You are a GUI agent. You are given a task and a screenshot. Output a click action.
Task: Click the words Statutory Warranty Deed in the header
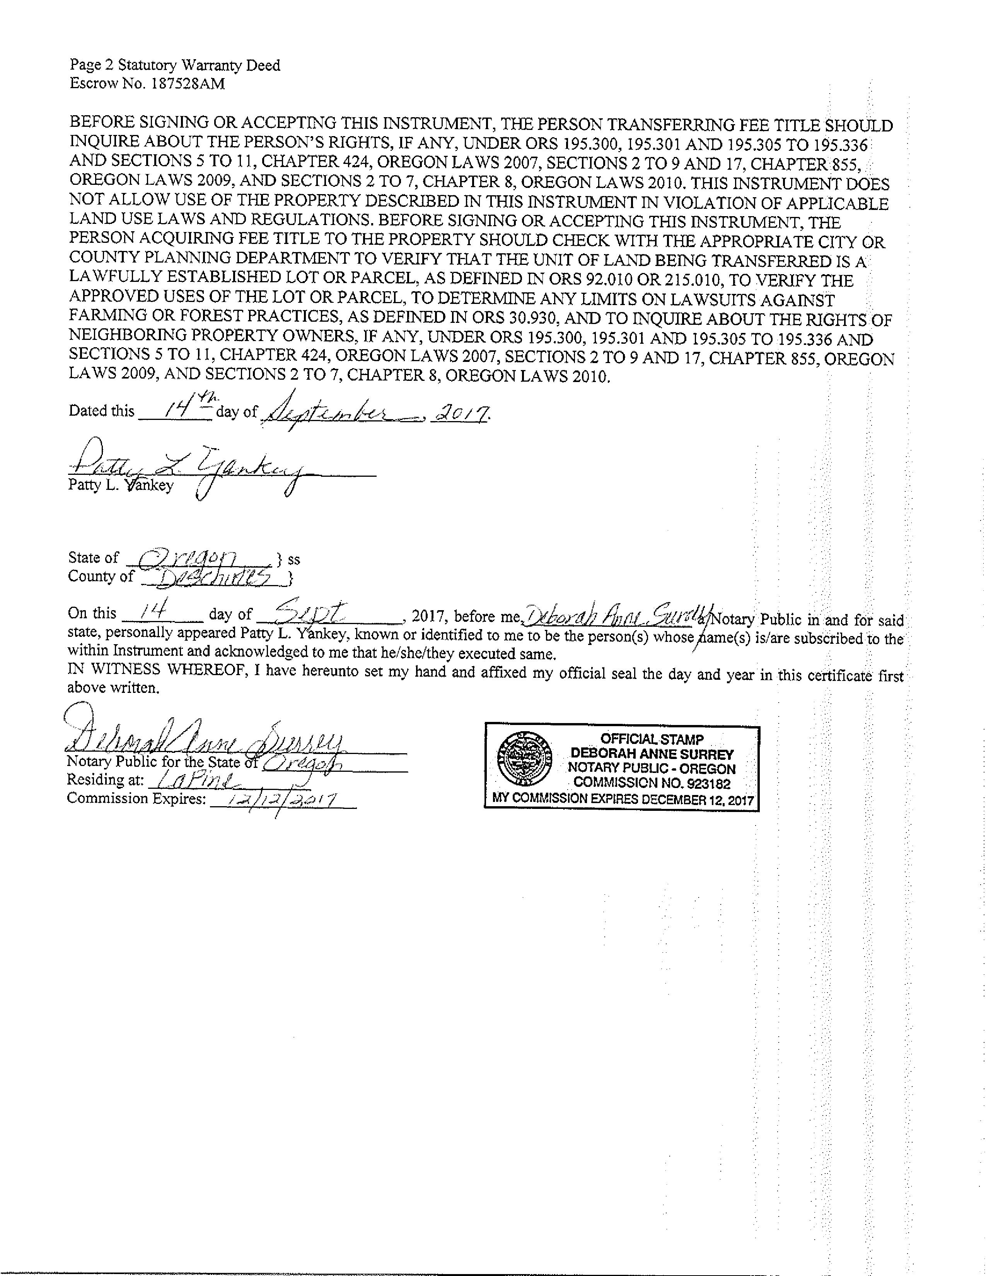pyautogui.click(x=199, y=65)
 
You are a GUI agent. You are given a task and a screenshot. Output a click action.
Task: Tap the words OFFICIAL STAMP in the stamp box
pyautogui.click(x=652, y=739)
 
